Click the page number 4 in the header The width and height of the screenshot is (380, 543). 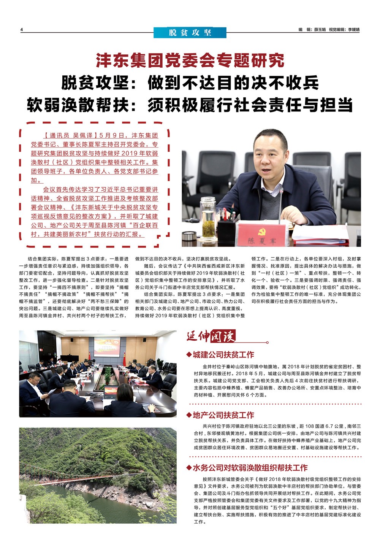22,30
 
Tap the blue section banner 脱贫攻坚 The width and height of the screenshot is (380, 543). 190,33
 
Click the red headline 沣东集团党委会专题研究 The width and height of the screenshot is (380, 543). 190,61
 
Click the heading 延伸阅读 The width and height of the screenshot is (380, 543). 211,336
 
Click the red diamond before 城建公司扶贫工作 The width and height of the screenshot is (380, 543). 189,355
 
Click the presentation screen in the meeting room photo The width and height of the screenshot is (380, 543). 107,346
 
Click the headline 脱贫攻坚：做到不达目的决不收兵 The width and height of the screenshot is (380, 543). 190,83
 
